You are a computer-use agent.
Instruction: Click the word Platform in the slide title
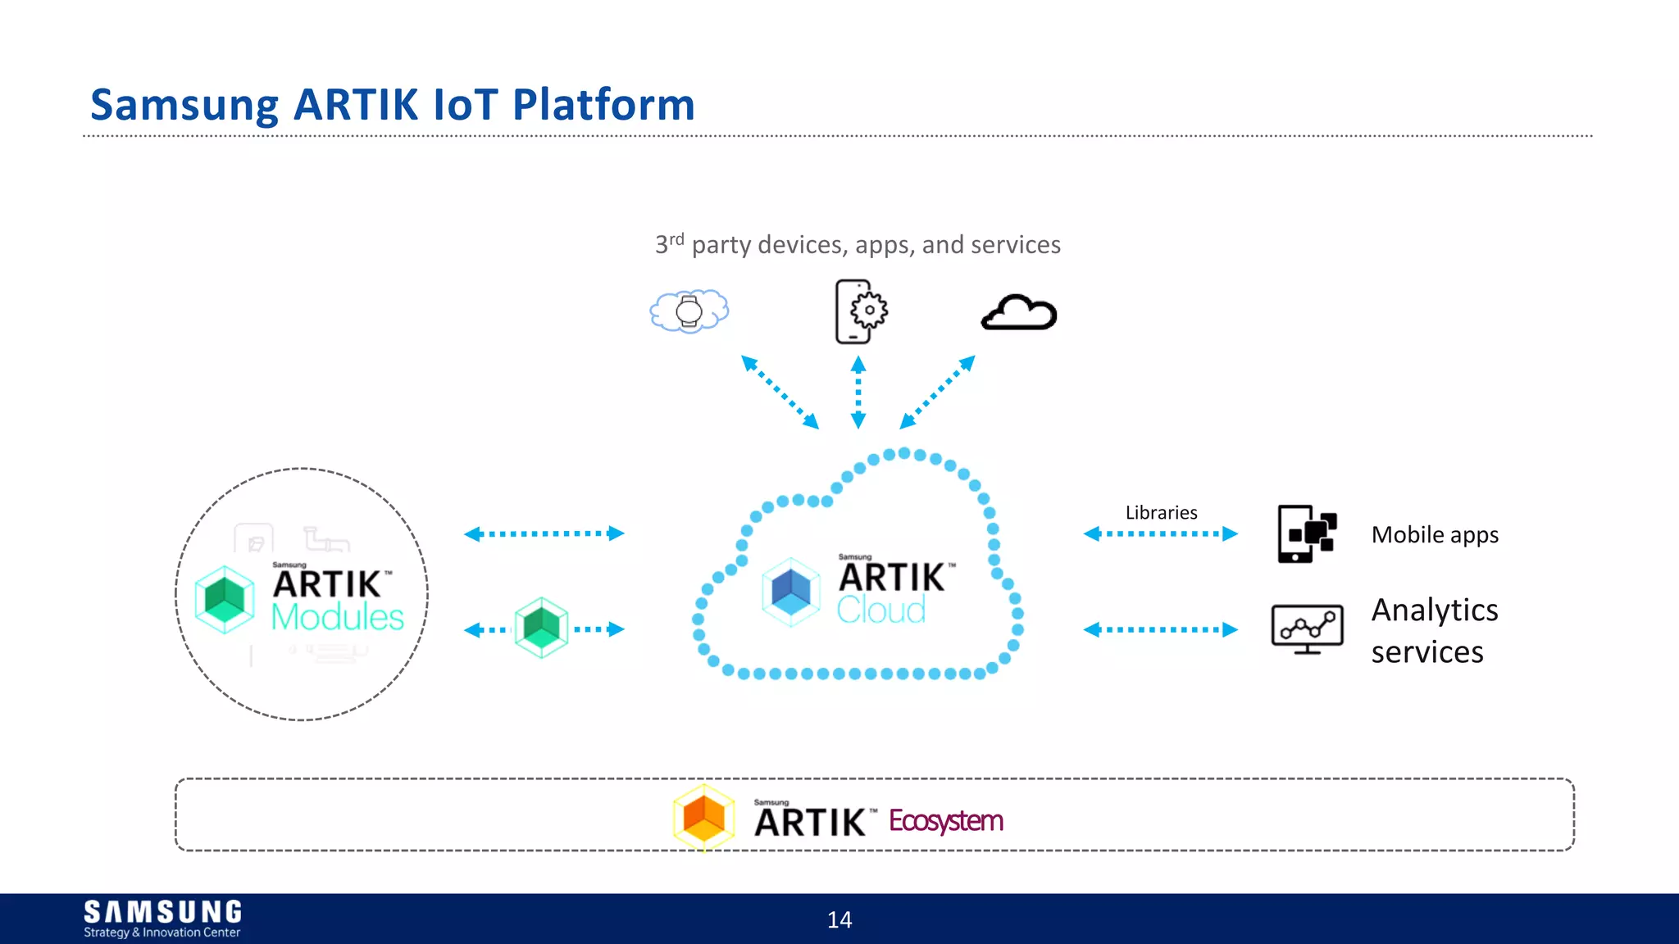(603, 105)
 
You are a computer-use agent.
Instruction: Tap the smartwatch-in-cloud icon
(689, 311)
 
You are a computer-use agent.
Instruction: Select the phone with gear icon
(860, 311)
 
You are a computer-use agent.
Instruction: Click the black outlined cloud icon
(1019, 312)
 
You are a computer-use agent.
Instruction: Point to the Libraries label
(1161, 513)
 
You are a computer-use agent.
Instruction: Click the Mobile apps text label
(1435, 535)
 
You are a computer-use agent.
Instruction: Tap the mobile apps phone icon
(1307, 533)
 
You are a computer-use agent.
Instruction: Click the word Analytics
(1435, 610)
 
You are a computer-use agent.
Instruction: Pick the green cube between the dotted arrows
(541, 628)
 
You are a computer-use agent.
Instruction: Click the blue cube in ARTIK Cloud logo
(791, 592)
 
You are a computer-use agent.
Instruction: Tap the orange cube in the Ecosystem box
(703, 816)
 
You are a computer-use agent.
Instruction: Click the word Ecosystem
(945, 820)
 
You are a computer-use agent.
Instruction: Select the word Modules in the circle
(337, 617)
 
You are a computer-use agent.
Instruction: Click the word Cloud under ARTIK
(881, 610)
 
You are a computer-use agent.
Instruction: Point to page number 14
(839, 920)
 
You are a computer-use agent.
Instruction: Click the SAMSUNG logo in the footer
(162, 912)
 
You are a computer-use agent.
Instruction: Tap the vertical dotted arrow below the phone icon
(858, 392)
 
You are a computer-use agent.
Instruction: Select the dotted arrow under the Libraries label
(1160, 534)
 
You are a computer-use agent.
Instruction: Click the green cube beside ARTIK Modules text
(225, 599)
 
